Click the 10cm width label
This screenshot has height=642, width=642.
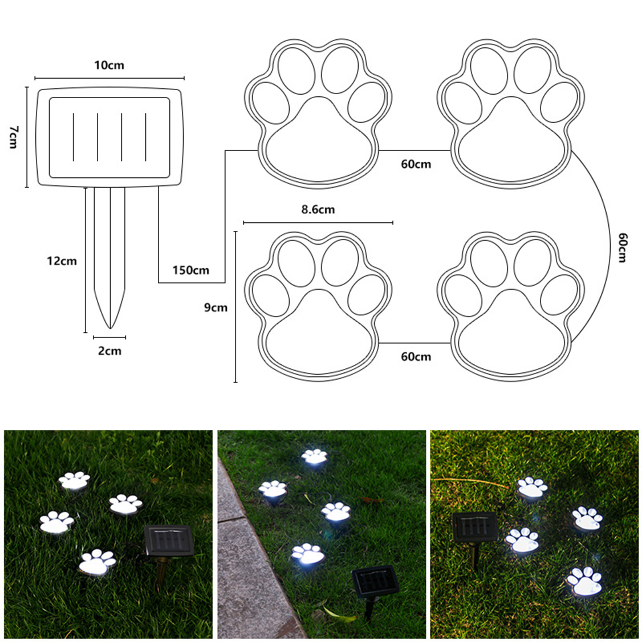(x=109, y=65)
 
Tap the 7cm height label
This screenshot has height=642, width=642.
(x=14, y=137)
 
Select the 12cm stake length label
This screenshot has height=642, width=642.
(x=62, y=261)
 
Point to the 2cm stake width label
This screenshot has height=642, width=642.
(x=110, y=351)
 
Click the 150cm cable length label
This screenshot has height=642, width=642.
(x=191, y=270)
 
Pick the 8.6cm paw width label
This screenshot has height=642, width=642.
(x=318, y=209)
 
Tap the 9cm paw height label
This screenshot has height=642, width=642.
(x=216, y=307)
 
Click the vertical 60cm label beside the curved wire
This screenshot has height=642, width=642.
(x=622, y=248)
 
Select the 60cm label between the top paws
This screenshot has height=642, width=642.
(x=416, y=164)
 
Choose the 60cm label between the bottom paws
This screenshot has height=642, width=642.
(x=416, y=357)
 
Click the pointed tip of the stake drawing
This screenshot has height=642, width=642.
(x=110, y=328)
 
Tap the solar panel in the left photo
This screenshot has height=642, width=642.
(x=169, y=540)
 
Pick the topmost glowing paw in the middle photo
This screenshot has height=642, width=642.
(x=315, y=456)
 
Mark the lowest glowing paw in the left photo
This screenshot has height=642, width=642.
(x=98, y=562)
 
